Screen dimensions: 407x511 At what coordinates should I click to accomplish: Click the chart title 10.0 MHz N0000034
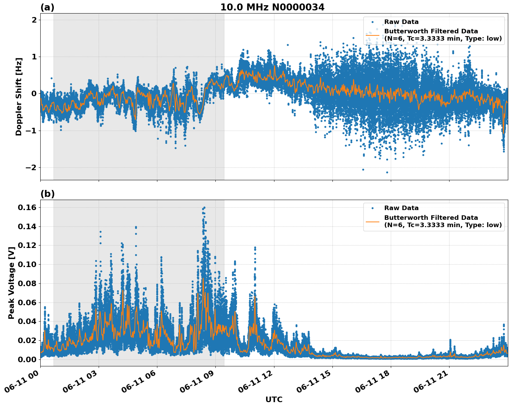(272, 7)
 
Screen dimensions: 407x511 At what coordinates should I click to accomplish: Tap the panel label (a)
(47, 7)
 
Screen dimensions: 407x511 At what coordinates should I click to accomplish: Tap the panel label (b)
(47, 194)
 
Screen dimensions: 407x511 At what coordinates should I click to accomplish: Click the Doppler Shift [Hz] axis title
(19, 97)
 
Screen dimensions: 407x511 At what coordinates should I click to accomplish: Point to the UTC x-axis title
(274, 399)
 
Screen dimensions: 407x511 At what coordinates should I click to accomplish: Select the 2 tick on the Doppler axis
(34, 20)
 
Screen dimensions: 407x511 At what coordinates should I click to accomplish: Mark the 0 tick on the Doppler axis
(34, 94)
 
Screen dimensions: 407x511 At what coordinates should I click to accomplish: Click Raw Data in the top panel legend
(401, 22)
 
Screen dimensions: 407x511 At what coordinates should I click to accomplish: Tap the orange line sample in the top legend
(372, 35)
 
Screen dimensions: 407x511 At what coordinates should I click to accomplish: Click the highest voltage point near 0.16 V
(204, 208)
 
